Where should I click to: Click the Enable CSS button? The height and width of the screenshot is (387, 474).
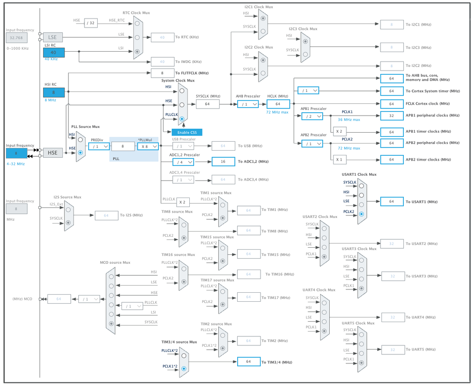click(x=186, y=132)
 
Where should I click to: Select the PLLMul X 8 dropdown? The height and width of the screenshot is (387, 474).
click(x=148, y=146)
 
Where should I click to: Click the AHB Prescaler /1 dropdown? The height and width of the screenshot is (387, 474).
click(x=248, y=104)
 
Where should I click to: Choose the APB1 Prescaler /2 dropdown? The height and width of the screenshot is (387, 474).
click(x=312, y=116)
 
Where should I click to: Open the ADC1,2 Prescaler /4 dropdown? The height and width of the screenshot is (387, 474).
click(x=183, y=162)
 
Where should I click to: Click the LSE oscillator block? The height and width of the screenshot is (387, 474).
click(x=53, y=37)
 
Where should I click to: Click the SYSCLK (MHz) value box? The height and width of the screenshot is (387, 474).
click(x=207, y=104)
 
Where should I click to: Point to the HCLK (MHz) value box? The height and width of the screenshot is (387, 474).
click(x=278, y=104)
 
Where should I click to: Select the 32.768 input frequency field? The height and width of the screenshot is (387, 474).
click(x=17, y=37)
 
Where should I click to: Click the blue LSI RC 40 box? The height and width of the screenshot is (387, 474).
click(x=53, y=53)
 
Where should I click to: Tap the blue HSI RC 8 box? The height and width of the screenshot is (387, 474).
click(x=53, y=92)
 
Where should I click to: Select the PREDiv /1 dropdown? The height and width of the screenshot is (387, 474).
click(x=99, y=146)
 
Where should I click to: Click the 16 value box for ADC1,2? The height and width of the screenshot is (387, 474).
click(x=223, y=162)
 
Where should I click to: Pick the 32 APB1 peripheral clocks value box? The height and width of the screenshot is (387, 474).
click(x=392, y=116)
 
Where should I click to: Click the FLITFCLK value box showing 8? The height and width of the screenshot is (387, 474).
click(x=162, y=73)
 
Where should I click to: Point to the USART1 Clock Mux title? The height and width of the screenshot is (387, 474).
click(x=359, y=174)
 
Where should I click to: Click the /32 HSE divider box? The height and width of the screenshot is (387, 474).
click(x=91, y=22)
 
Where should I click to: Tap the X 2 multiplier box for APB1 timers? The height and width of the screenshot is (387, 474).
click(x=339, y=131)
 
